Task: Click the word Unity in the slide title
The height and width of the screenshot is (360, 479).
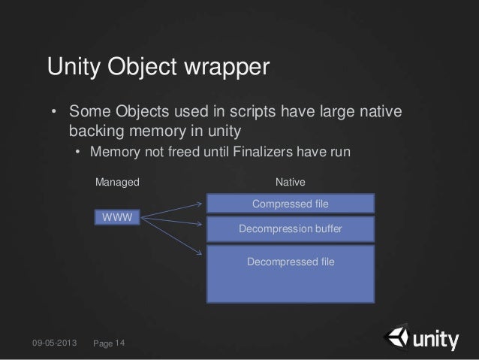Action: pos(77,68)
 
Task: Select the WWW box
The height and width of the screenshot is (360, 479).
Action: pos(117,218)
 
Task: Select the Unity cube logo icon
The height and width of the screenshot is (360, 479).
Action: pos(396,339)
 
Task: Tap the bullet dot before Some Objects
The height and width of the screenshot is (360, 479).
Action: pos(54,113)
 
